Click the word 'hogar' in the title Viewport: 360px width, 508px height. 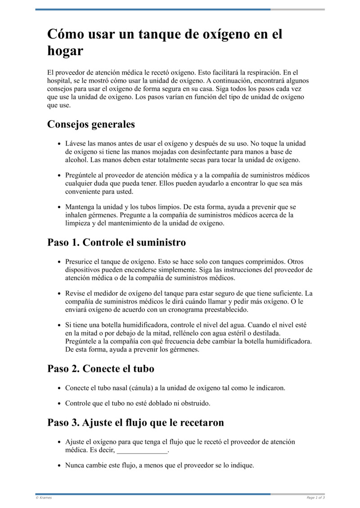tap(65, 51)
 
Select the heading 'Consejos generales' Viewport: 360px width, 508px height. tap(91, 124)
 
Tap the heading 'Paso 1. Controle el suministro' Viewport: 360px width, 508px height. tap(117, 243)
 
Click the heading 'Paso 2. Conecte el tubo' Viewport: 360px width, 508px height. tap(101, 369)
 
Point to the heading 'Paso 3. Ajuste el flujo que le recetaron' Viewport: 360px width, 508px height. tap(135, 423)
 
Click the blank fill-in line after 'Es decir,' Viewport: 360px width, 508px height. tap(142, 450)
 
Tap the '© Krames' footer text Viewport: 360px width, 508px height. tap(44, 498)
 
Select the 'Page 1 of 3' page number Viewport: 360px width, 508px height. tap(315, 498)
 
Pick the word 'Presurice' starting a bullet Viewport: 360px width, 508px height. tap(79, 262)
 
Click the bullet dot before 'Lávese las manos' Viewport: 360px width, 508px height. tap(59, 144)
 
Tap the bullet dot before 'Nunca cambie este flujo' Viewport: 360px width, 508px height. tap(59, 466)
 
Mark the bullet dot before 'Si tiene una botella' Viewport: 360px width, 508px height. tap(59, 325)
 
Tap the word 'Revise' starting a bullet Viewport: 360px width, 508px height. tap(75, 294)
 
